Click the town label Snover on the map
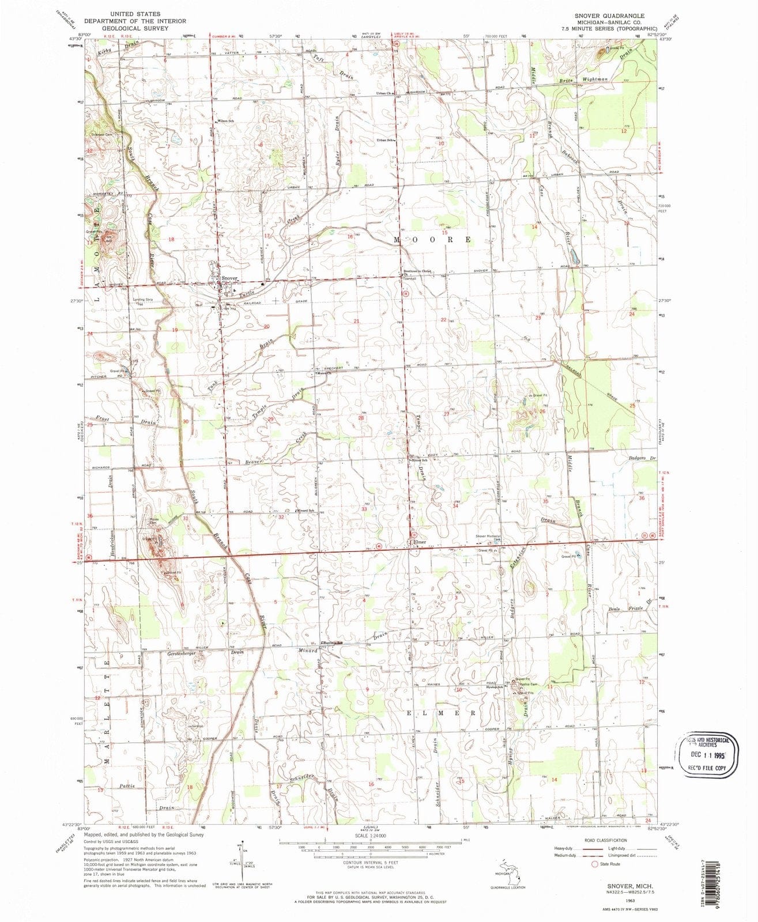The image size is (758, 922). pyautogui.click(x=229, y=279)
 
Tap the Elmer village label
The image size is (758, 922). pyautogui.click(x=418, y=542)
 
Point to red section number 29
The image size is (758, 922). pyautogui.click(x=270, y=419)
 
